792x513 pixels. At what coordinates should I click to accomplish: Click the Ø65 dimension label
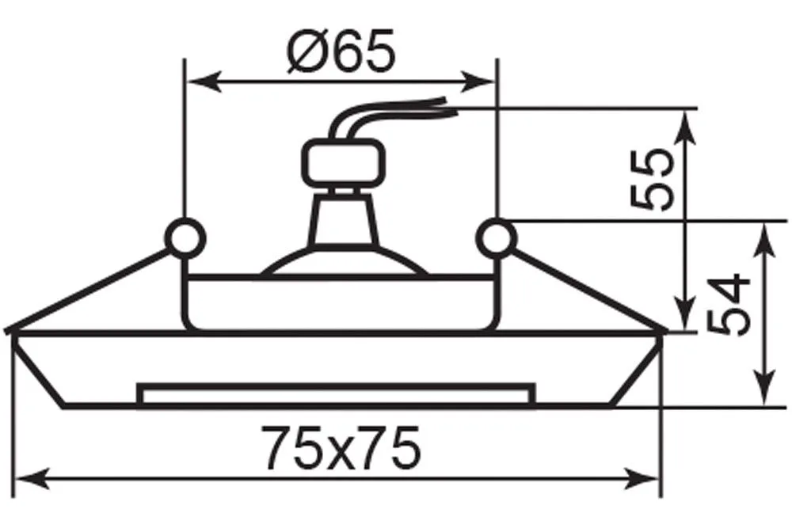[341, 51]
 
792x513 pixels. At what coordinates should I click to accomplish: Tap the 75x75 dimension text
[341, 447]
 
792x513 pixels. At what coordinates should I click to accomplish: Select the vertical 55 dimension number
[652, 179]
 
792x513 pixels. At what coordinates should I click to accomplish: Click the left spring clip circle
[186, 237]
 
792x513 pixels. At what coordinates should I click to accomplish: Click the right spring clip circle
[497, 237]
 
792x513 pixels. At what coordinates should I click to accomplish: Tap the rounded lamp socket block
[345, 161]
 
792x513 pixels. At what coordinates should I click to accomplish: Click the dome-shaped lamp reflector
[345, 260]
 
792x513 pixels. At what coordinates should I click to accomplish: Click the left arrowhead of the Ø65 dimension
[204, 81]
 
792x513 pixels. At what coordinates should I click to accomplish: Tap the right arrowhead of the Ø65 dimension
[478, 81]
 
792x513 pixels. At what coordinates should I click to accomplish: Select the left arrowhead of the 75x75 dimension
[32, 477]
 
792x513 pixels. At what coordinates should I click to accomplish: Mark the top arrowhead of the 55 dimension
[685, 129]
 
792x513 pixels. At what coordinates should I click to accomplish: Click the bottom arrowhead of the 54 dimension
[765, 386]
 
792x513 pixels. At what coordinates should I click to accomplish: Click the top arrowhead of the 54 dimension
[765, 241]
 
